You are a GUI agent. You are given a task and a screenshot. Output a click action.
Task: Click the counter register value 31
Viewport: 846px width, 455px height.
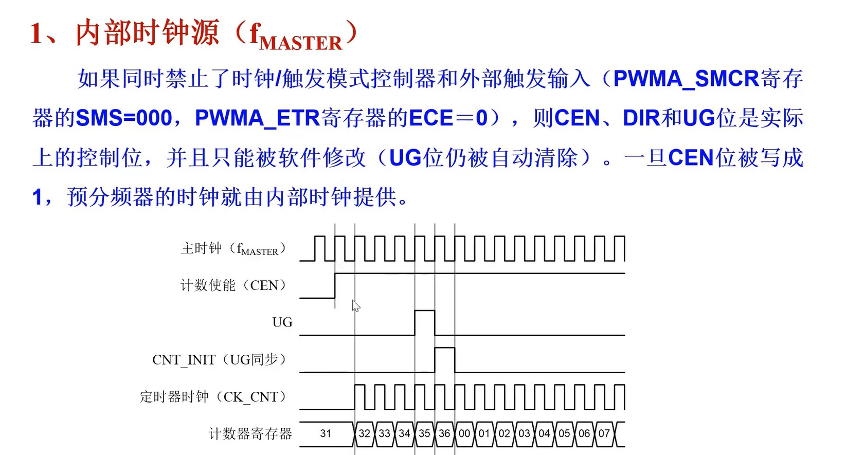[325, 433]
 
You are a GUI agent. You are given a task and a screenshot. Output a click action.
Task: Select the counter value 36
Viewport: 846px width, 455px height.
[444, 433]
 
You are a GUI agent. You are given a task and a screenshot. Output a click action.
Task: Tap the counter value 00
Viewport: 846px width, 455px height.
[464, 433]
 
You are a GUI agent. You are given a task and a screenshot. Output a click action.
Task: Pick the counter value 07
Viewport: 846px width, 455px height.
[604, 433]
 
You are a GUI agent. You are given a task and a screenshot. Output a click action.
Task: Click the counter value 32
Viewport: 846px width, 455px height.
[364, 433]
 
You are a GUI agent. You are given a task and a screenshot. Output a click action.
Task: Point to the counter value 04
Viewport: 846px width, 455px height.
[544, 433]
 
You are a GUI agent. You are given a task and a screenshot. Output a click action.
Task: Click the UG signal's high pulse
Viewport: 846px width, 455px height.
[424, 322]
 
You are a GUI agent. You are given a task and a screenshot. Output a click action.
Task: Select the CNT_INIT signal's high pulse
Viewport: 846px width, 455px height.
[444, 359]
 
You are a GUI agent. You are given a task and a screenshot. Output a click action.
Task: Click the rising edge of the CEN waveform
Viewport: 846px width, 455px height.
[335, 285]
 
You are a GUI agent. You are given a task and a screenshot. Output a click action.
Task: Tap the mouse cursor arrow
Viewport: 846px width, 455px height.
[355, 306]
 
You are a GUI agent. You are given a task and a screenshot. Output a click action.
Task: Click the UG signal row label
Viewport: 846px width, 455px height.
[282, 322]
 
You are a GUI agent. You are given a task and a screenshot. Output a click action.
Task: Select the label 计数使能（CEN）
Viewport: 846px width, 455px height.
[233, 285]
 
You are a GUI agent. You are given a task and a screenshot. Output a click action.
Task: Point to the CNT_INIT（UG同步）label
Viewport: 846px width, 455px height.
[219, 359]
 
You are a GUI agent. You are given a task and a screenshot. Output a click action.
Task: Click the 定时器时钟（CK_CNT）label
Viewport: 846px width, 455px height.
[213, 396]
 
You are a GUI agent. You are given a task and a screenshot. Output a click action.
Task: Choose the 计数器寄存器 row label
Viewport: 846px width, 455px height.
[250, 434]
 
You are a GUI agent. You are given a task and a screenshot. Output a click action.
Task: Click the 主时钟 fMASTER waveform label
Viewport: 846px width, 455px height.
[232, 249]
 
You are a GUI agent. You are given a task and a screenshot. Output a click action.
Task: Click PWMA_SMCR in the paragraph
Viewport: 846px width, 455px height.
[686, 79]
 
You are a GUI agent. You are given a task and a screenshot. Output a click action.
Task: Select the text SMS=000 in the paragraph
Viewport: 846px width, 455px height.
[123, 118]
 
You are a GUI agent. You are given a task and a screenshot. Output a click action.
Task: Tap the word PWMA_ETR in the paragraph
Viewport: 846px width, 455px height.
[257, 118]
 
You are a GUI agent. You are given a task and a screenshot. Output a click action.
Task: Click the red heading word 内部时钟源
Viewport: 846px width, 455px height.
[148, 32]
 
